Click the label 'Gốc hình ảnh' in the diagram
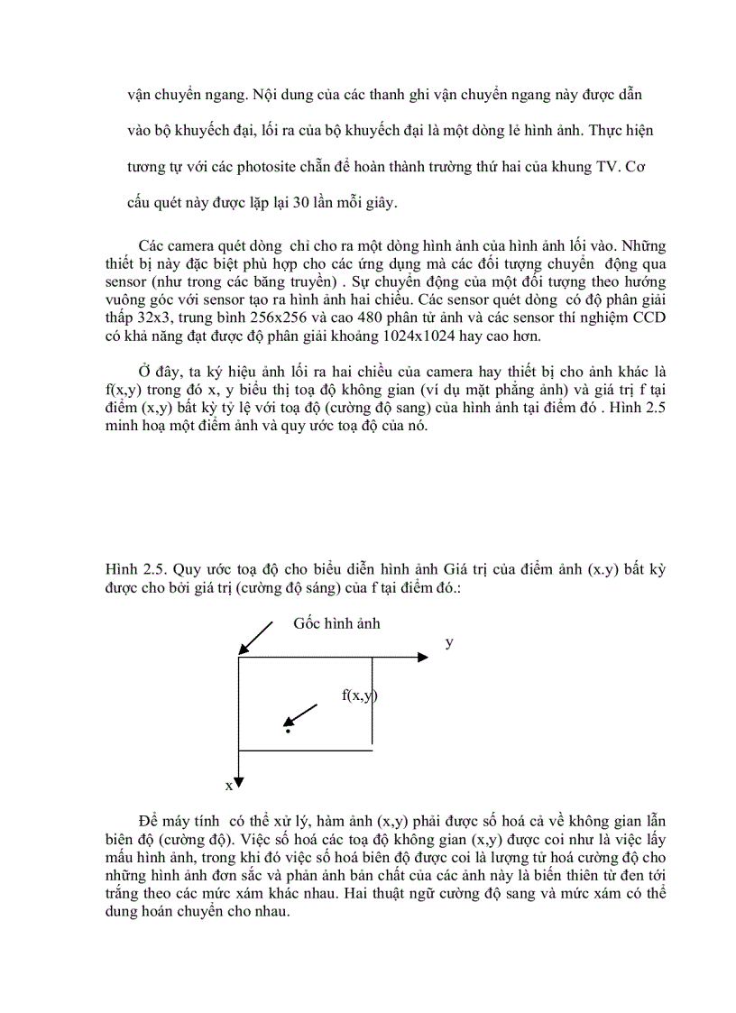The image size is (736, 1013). click(336, 624)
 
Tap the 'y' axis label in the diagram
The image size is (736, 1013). click(449, 643)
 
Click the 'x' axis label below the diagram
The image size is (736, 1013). click(229, 786)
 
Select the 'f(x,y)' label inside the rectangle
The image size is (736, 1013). click(359, 695)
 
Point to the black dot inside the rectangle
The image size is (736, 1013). click(288, 730)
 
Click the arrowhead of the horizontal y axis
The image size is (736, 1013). click(423, 658)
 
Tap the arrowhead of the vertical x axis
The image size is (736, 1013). click(238, 779)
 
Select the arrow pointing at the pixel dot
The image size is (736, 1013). click(300, 714)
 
